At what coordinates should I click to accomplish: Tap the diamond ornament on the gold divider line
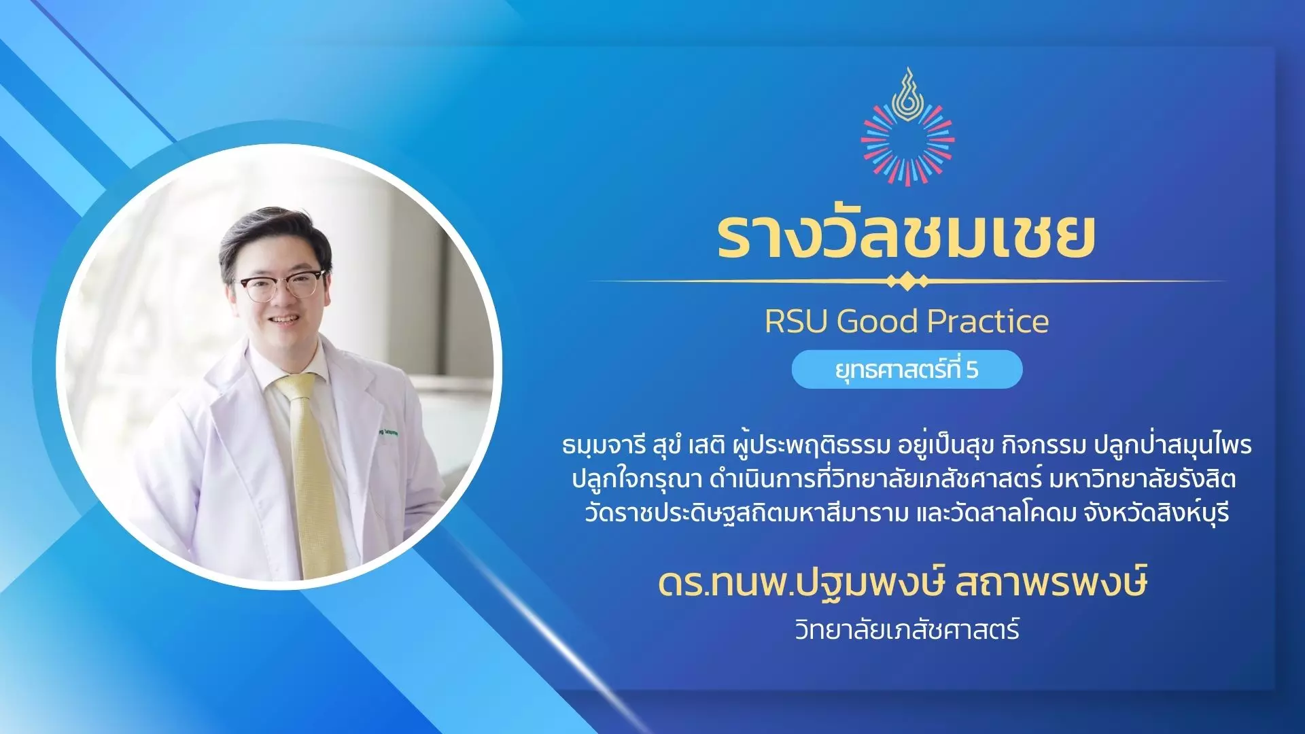click(907, 281)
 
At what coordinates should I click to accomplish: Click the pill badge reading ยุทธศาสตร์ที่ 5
click(907, 370)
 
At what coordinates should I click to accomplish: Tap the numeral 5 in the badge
click(972, 370)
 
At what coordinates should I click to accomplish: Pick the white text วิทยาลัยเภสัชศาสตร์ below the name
click(907, 629)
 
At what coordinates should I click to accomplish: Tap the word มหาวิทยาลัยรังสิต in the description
click(1143, 479)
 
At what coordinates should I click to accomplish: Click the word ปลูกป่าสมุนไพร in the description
click(1172, 444)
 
